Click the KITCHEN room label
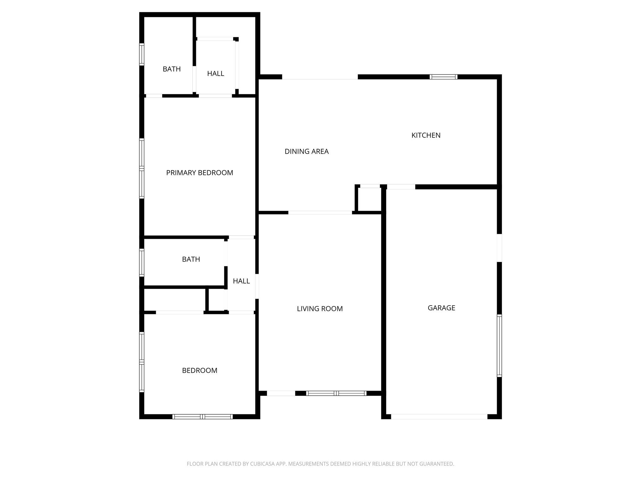pos(426,135)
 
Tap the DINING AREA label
pos(306,152)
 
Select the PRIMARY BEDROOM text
pos(199,173)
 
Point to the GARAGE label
pos(441,308)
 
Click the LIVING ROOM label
pos(320,309)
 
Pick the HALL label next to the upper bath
pos(215,74)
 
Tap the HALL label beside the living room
pos(241,281)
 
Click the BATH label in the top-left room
pos(172,69)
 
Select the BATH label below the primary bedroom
pos(191,259)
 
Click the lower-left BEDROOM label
pos(199,371)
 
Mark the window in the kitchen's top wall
pos(443,77)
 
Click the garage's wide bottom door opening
pos(439,417)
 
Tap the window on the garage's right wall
pos(499,345)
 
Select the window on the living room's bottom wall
pos(336,393)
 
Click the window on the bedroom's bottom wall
pos(203,417)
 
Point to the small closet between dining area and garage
pos(369,200)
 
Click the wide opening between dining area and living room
pos(320,213)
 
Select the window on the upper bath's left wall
pos(142,54)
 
